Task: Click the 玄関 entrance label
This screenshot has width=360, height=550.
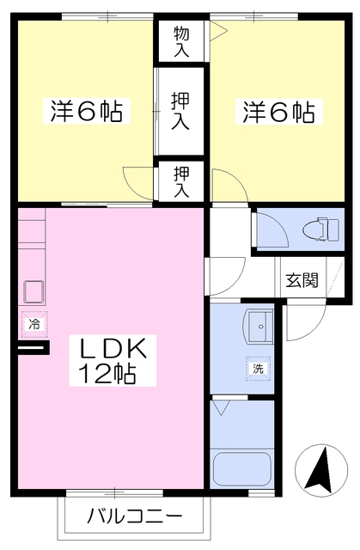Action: (302, 279)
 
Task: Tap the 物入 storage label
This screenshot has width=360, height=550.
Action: (180, 40)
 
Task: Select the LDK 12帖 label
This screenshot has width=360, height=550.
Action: (117, 361)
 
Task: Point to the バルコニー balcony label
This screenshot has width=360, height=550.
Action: (134, 517)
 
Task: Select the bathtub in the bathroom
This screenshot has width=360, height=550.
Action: (242, 468)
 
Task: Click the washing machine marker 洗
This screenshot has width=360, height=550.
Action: (257, 368)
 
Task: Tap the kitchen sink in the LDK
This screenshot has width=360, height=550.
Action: (34, 292)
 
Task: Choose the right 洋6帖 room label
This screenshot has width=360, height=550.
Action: (278, 111)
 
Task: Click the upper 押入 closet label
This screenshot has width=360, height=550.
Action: (180, 111)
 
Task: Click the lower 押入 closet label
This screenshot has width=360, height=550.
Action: (180, 180)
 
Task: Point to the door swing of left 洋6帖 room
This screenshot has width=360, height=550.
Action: (137, 183)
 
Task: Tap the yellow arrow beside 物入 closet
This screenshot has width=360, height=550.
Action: (219, 33)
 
